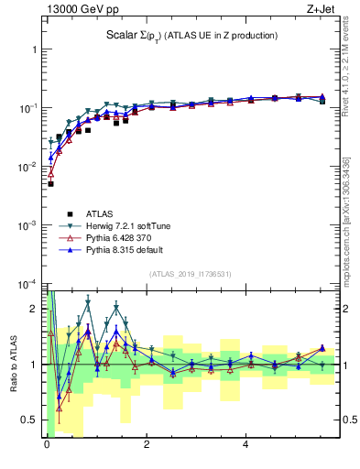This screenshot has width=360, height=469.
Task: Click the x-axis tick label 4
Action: coord(245,446)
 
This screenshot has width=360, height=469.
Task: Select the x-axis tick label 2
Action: coord(146,446)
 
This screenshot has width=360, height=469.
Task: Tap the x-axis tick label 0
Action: coord(47,446)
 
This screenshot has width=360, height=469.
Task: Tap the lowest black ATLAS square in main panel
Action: coord(50,184)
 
